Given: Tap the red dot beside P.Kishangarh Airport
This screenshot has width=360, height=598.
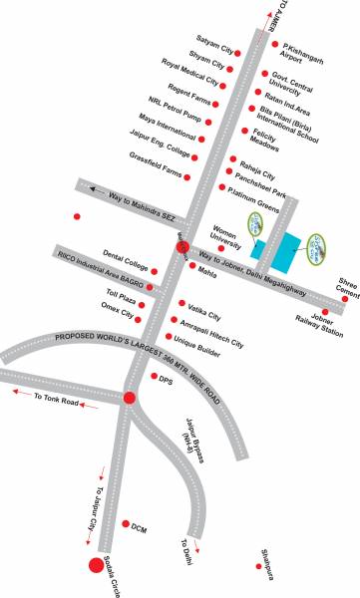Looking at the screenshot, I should pyautogui.click(x=274, y=44).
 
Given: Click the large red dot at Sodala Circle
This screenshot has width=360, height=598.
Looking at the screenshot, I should pyautogui.click(x=96, y=566).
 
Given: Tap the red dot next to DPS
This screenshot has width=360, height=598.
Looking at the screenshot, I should pyautogui.click(x=154, y=378).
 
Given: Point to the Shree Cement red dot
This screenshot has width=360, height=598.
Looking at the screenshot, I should pyautogui.click(x=344, y=298).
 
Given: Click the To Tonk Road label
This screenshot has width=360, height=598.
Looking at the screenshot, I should pyautogui.click(x=55, y=399).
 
